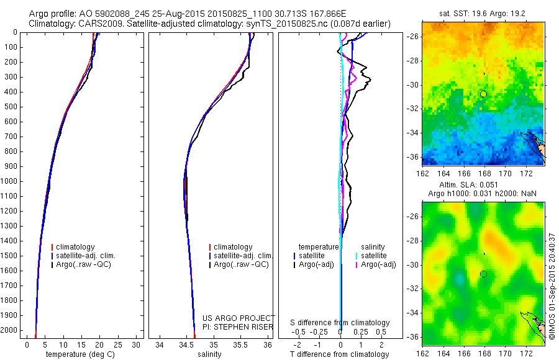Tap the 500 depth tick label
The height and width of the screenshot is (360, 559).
11,107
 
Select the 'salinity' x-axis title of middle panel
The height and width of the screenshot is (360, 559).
213,354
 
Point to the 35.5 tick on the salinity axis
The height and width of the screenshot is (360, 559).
240,344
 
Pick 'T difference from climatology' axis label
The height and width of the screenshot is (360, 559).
340,354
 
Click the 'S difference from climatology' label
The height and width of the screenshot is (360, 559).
340,323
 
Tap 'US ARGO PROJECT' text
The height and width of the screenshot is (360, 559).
239,317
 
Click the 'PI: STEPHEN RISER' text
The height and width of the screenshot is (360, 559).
239,325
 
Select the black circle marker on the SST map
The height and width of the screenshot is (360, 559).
483,94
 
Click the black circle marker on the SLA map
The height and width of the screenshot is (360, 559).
483,274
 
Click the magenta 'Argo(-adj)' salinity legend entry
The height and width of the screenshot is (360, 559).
378,264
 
